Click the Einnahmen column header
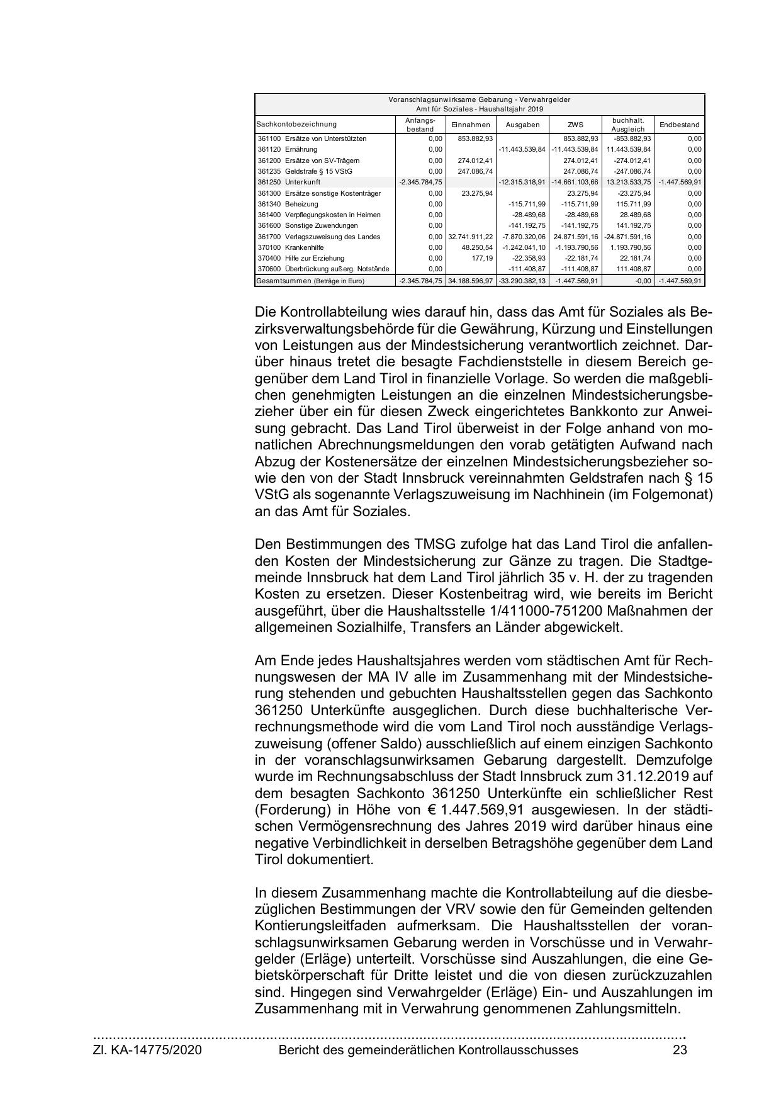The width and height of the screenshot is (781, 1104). [471, 125]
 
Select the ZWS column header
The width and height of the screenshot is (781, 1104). [575, 125]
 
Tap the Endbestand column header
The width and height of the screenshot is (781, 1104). [679, 125]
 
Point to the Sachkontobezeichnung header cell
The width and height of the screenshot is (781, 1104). [296, 125]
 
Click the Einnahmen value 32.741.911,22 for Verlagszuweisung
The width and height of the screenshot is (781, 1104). [471, 237]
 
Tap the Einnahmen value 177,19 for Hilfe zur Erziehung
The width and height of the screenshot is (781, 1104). [481, 258]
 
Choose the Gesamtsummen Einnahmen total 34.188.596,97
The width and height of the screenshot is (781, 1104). [471, 281]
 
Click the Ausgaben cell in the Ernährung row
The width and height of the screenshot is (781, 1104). [522, 149]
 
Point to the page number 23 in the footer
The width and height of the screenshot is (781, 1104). [680, 1050]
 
